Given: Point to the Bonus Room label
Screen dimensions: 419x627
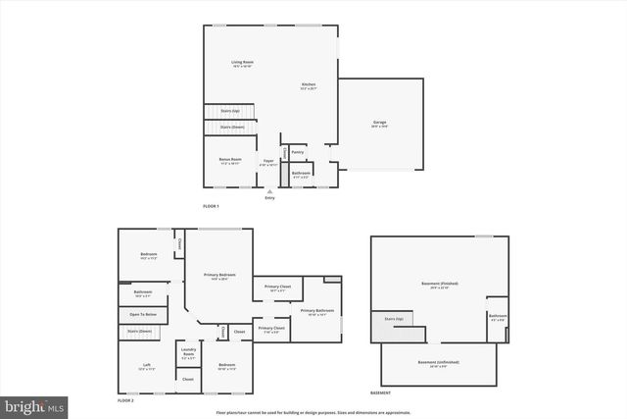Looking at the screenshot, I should [x=229, y=159].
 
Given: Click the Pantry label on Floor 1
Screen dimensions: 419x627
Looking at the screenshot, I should [x=297, y=152].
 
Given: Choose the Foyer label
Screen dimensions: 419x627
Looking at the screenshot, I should [x=267, y=162].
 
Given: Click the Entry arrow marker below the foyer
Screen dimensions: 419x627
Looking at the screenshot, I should [x=269, y=191].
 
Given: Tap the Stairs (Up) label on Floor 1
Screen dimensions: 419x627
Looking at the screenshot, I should [x=229, y=111].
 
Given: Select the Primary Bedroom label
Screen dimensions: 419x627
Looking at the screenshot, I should [x=219, y=277].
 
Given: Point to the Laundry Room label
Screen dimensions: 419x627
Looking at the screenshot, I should [x=187, y=355].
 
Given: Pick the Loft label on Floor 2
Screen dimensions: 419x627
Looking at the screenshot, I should [x=146, y=367].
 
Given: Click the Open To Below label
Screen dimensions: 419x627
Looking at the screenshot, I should [x=143, y=314].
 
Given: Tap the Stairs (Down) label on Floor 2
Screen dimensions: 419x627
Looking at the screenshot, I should [x=140, y=331].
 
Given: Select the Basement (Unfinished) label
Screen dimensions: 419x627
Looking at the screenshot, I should [x=440, y=363].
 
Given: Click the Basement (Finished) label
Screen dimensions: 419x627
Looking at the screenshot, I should [x=440, y=285].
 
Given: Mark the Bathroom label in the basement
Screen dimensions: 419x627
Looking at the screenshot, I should [x=497, y=317].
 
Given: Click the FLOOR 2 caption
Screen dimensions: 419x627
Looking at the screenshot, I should [x=125, y=401].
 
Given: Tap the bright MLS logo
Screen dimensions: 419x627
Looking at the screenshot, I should [x=34, y=404].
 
